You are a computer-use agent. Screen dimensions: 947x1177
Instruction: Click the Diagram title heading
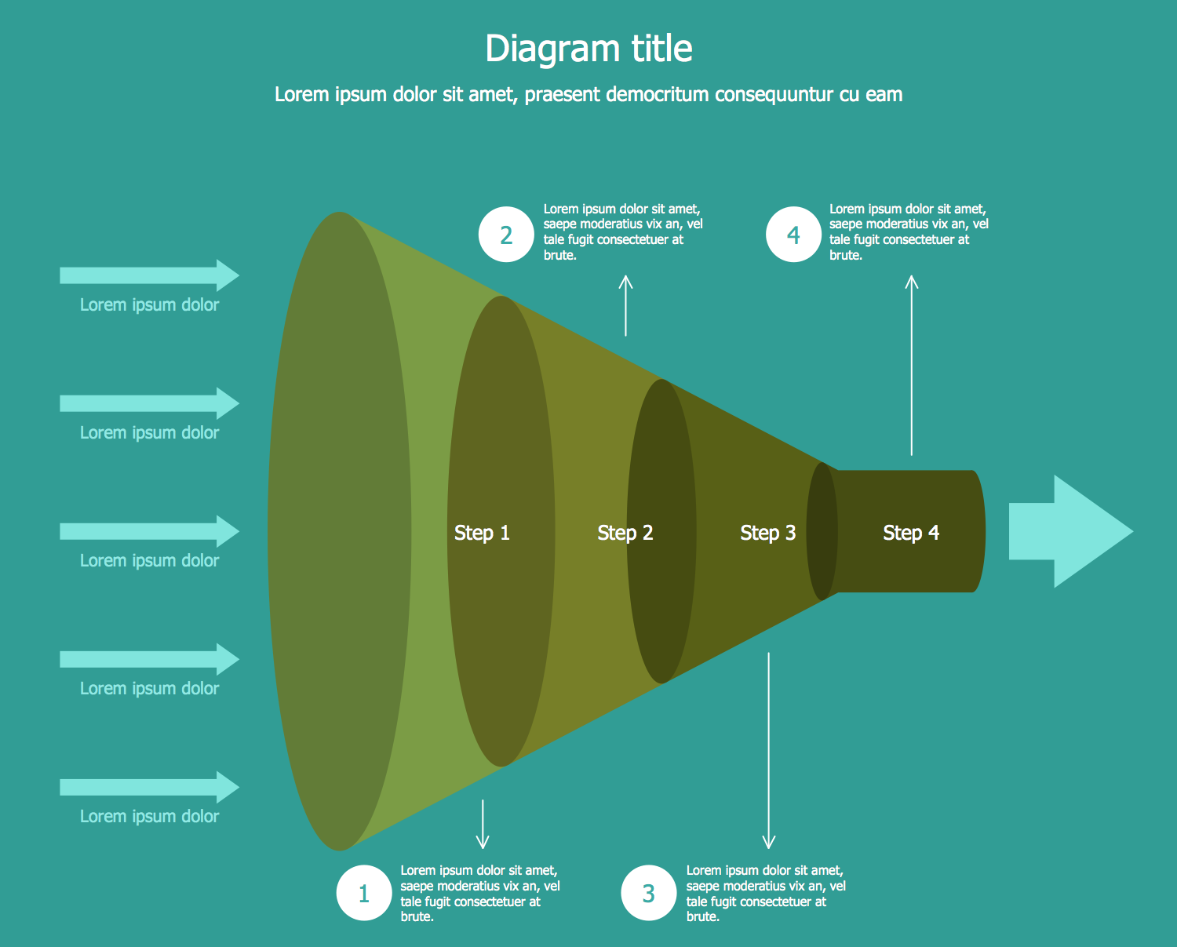(588, 49)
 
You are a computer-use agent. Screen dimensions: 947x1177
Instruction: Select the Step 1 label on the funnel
(482, 533)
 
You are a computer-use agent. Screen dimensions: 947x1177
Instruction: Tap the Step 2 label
(625, 533)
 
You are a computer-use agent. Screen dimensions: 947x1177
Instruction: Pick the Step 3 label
(767, 533)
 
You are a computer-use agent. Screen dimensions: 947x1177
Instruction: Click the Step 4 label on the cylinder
(910, 533)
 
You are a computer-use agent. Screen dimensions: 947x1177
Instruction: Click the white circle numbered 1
(364, 893)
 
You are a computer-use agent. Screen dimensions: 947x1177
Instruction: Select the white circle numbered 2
(506, 235)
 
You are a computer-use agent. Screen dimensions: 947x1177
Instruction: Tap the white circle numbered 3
(648, 893)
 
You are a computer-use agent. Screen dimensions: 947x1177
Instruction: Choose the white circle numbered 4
(793, 235)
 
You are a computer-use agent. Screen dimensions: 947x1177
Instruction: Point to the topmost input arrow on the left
(149, 275)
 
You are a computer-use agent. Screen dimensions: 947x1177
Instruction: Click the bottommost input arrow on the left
(149, 787)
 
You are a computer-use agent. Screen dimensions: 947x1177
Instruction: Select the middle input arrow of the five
(149, 531)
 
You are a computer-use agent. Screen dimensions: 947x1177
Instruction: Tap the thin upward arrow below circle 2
(625, 306)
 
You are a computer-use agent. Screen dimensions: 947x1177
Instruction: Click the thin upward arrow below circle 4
(911, 365)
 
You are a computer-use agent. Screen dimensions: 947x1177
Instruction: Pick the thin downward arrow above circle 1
(483, 824)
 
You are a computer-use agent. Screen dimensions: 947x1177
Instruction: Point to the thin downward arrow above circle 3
(768, 750)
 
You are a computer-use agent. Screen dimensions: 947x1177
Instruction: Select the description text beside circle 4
(908, 231)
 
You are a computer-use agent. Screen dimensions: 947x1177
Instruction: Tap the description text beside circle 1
(479, 893)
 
